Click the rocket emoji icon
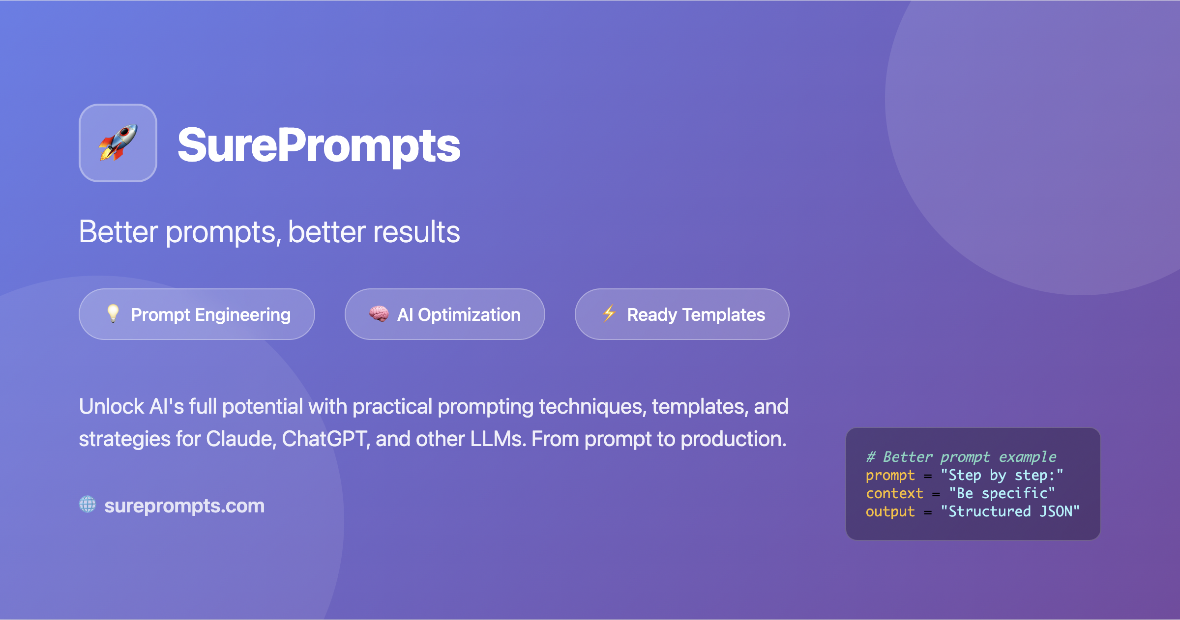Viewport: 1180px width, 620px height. pos(118,142)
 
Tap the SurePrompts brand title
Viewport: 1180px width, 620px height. pos(319,145)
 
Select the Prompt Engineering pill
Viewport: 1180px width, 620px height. pos(197,314)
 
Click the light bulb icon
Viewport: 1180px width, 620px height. pos(113,313)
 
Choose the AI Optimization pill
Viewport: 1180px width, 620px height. pos(444,314)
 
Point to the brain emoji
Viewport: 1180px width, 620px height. pos(379,314)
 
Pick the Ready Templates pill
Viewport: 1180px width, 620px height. pos(681,314)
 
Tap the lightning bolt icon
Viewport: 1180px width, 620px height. pos(609,313)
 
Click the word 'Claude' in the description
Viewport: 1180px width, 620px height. pos(238,439)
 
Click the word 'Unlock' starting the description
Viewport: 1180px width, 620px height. pos(112,407)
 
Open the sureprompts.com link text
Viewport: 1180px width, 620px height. pos(184,506)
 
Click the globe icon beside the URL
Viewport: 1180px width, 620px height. pos(88,504)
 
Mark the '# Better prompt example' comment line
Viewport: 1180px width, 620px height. pos(961,457)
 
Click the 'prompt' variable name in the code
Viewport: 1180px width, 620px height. pos(890,475)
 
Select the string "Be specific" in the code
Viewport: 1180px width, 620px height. pos(1002,493)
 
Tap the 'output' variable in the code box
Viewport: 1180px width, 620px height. pos(890,511)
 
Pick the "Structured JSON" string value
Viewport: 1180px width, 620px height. pos(1010,511)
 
